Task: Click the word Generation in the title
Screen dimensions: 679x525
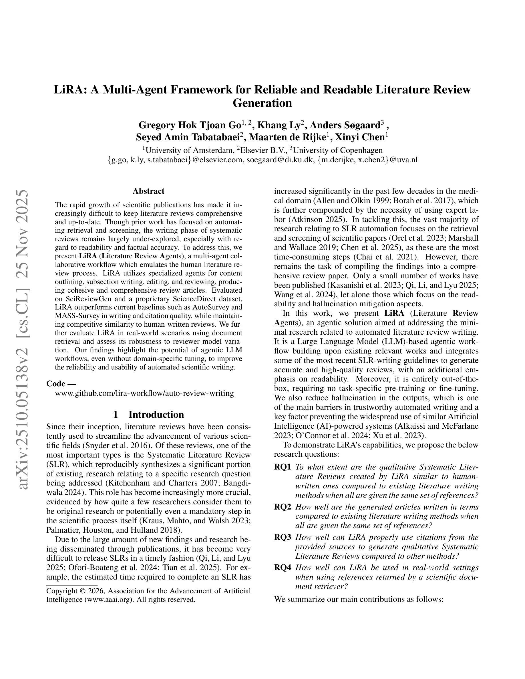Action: (262, 103)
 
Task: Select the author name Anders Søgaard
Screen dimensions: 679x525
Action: (345, 125)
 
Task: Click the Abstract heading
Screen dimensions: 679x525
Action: (148, 191)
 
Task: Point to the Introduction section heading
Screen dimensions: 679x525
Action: (156, 414)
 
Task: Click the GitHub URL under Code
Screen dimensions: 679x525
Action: (144, 393)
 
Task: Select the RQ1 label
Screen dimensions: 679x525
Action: (283, 467)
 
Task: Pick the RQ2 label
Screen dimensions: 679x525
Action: (283, 507)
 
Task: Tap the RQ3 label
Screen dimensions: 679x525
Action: (283, 537)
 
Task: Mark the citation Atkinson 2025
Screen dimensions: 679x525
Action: (317, 219)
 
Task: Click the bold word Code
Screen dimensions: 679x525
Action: (56, 384)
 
